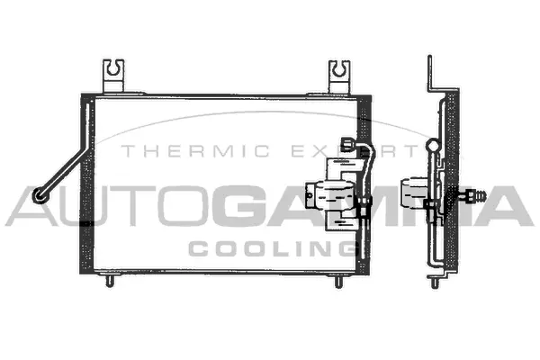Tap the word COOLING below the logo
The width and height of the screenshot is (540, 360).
pyautogui.click(x=270, y=247)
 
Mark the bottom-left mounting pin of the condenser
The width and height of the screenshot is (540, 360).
pyautogui.click(x=111, y=282)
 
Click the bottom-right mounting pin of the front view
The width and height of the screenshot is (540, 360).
pyautogui.click(x=339, y=282)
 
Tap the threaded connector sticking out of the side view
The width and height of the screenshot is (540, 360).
pyautogui.click(x=477, y=193)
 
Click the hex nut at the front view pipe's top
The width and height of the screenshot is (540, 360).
pyautogui.click(x=347, y=142)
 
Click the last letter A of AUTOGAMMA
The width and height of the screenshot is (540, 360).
pyautogui.click(x=508, y=206)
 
